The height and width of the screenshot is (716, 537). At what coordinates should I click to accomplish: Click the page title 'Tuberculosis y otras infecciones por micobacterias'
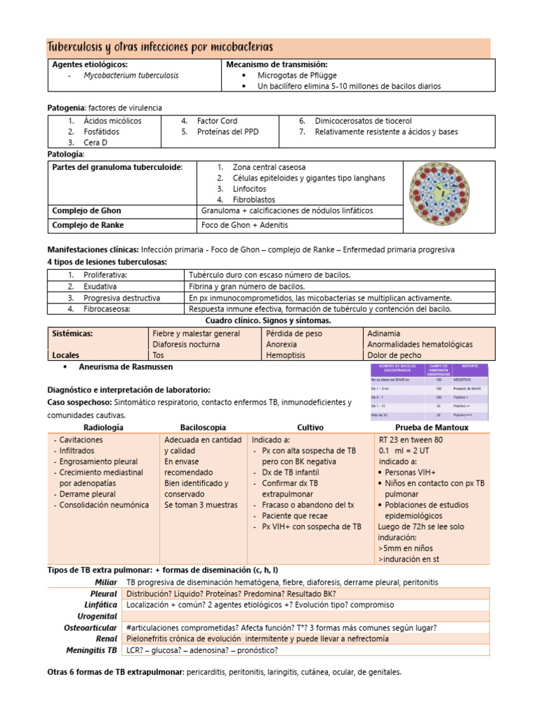coord(159,48)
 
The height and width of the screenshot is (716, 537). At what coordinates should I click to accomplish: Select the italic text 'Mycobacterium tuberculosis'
coord(131,76)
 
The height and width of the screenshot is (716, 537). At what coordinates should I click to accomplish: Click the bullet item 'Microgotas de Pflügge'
coord(296,76)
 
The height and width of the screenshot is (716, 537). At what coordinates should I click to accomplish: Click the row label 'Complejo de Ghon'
coord(87,210)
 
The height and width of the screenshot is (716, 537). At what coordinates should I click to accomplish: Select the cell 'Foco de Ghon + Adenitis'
coord(244,225)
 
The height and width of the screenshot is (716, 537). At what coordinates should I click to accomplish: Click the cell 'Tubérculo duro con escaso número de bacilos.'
coord(270,275)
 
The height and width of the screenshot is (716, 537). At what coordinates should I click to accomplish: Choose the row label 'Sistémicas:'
coord(73,334)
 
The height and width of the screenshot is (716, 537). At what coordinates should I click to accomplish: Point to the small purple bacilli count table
coord(429,392)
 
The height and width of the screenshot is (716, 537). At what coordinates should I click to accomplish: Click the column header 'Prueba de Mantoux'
coord(431,427)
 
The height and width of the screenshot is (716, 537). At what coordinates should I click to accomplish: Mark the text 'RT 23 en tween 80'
coord(410,441)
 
